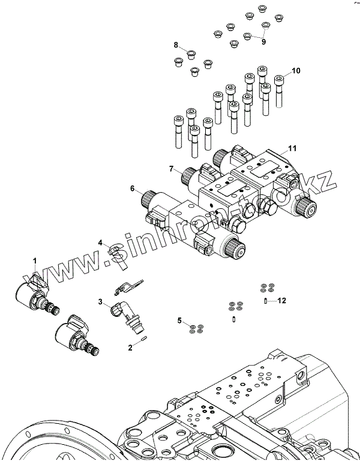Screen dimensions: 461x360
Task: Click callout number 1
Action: [35, 260]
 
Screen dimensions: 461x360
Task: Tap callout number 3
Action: [101, 301]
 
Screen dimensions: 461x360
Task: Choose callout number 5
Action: [179, 319]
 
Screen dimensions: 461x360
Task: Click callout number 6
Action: [132, 188]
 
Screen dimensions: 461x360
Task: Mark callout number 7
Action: [171, 169]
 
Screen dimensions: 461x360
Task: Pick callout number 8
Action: [176, 45]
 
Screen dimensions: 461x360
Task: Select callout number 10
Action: [296, 71]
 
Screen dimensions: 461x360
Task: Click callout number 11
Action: [292, 148]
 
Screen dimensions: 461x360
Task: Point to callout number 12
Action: [282, 300]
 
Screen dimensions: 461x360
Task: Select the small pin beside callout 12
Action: [265, 300]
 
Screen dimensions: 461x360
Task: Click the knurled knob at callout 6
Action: [147, 197]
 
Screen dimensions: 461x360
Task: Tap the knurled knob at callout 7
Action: [187, 177]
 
